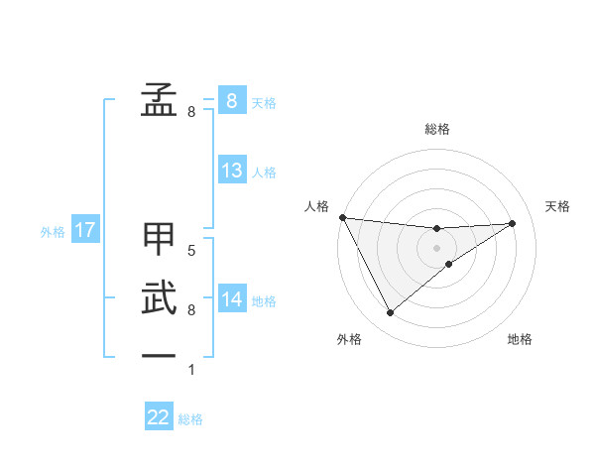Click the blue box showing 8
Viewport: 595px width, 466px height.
click(x=232, y=101)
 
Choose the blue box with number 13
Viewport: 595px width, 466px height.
click(x=232, y=171)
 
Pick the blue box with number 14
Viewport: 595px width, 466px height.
click(x=232, y=298)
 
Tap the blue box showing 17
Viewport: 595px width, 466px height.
click(x=84, y=231)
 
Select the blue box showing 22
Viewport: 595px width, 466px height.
click(x=159, y=417)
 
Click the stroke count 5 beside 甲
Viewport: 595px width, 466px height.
click(x=191, y=251)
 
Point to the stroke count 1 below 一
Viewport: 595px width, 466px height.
click(x=191, y=370)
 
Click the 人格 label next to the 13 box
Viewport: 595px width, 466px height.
click(x=264, y=173)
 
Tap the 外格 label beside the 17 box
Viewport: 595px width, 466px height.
click(x=53, y=232)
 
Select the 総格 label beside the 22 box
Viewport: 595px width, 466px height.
click(x=190, y=419)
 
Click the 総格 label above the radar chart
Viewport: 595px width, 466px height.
click(x=436, y=129)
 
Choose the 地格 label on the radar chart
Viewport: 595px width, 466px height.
click(x=520, y=339)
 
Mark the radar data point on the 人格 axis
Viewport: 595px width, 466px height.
click(x=342, y=217)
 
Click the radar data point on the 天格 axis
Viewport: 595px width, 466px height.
click(x=512, y=223)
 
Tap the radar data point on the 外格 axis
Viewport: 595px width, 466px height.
click(x=390, y=313)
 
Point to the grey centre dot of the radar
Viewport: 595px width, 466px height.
click(x=436, y=247)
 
